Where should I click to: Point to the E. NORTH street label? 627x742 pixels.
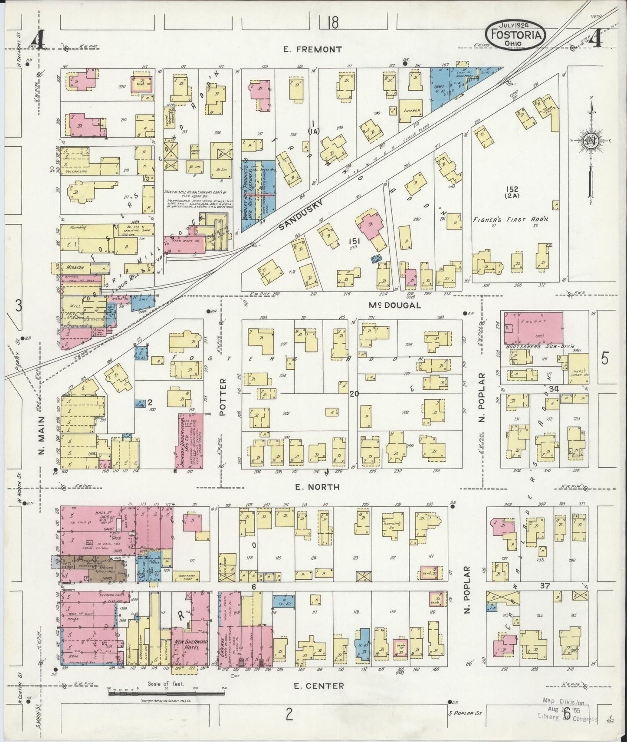[317, 487]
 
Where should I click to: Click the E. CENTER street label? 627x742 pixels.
[319, 686]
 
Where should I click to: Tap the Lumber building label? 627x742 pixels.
[412, 110]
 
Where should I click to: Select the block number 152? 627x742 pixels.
[512, 189]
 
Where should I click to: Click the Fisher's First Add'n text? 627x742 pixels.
[510, 220]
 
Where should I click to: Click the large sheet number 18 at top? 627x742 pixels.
[333, 23]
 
